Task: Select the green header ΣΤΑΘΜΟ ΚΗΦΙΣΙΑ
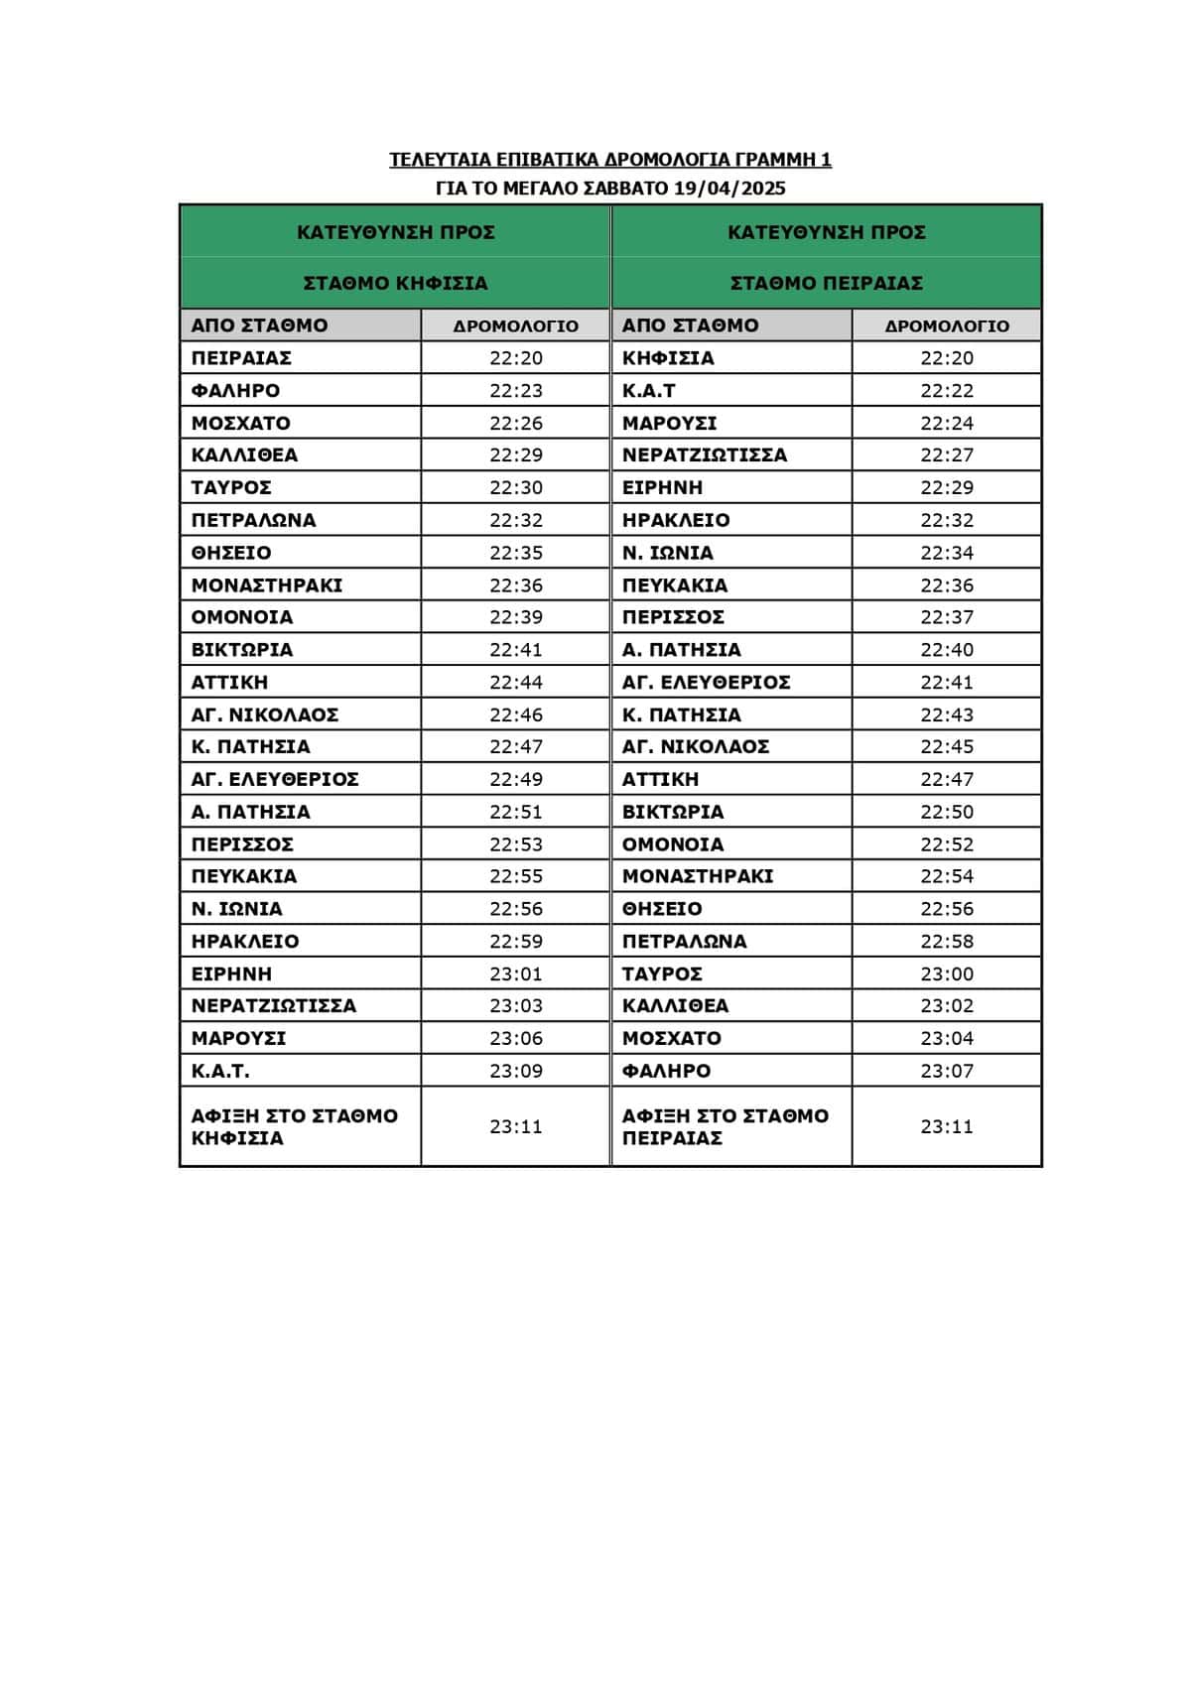395,284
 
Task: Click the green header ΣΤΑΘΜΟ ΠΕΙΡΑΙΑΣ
826,284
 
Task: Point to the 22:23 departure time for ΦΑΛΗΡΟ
515,390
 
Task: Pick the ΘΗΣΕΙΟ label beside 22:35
231,553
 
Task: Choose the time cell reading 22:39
515,617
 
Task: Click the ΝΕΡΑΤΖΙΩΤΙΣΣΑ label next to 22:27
704,455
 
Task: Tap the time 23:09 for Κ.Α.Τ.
515,1071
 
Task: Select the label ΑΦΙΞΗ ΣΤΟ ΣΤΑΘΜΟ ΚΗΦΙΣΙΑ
294,1126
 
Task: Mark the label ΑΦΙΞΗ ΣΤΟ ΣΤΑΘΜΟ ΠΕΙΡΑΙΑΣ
725,1126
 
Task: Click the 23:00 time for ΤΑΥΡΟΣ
946,973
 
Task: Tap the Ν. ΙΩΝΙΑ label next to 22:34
667,553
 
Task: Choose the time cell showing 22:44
515,683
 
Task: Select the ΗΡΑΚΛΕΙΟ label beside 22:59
245,941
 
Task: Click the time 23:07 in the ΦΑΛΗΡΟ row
946,1071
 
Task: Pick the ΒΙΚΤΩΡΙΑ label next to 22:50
673,812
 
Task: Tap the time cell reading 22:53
515,844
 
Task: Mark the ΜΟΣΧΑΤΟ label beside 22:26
240,423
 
